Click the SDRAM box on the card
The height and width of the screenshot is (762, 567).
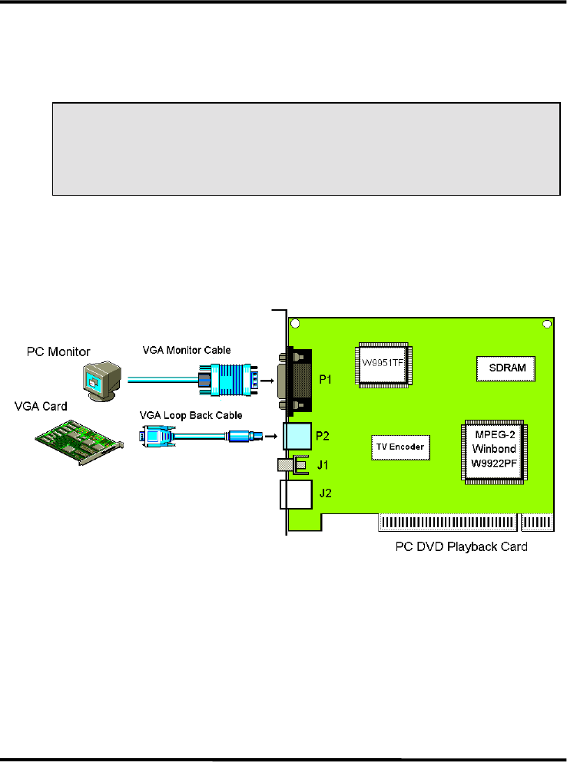coord(506,368)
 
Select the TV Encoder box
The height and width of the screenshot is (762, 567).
coord(400,447)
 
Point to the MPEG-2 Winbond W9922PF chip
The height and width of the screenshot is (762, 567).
coord(493,451)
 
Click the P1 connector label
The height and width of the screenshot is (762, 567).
coord(326,378)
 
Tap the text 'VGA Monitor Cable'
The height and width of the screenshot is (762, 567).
coord(187,350)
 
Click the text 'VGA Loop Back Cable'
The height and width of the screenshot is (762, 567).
coord(191,415)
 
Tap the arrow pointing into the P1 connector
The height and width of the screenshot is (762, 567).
coord(270,378)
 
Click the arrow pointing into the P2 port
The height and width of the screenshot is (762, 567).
coord(269,437)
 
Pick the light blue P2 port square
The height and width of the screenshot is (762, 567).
coord(297,437)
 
